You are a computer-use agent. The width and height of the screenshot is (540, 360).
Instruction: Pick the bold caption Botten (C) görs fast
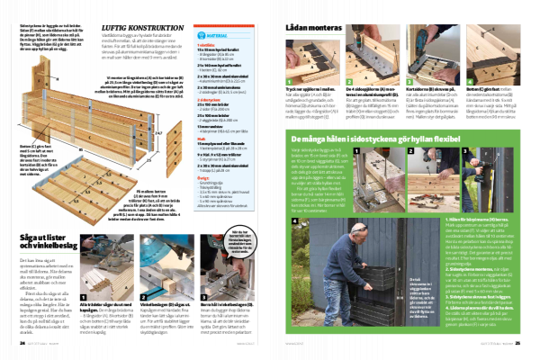tap(478, 93)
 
